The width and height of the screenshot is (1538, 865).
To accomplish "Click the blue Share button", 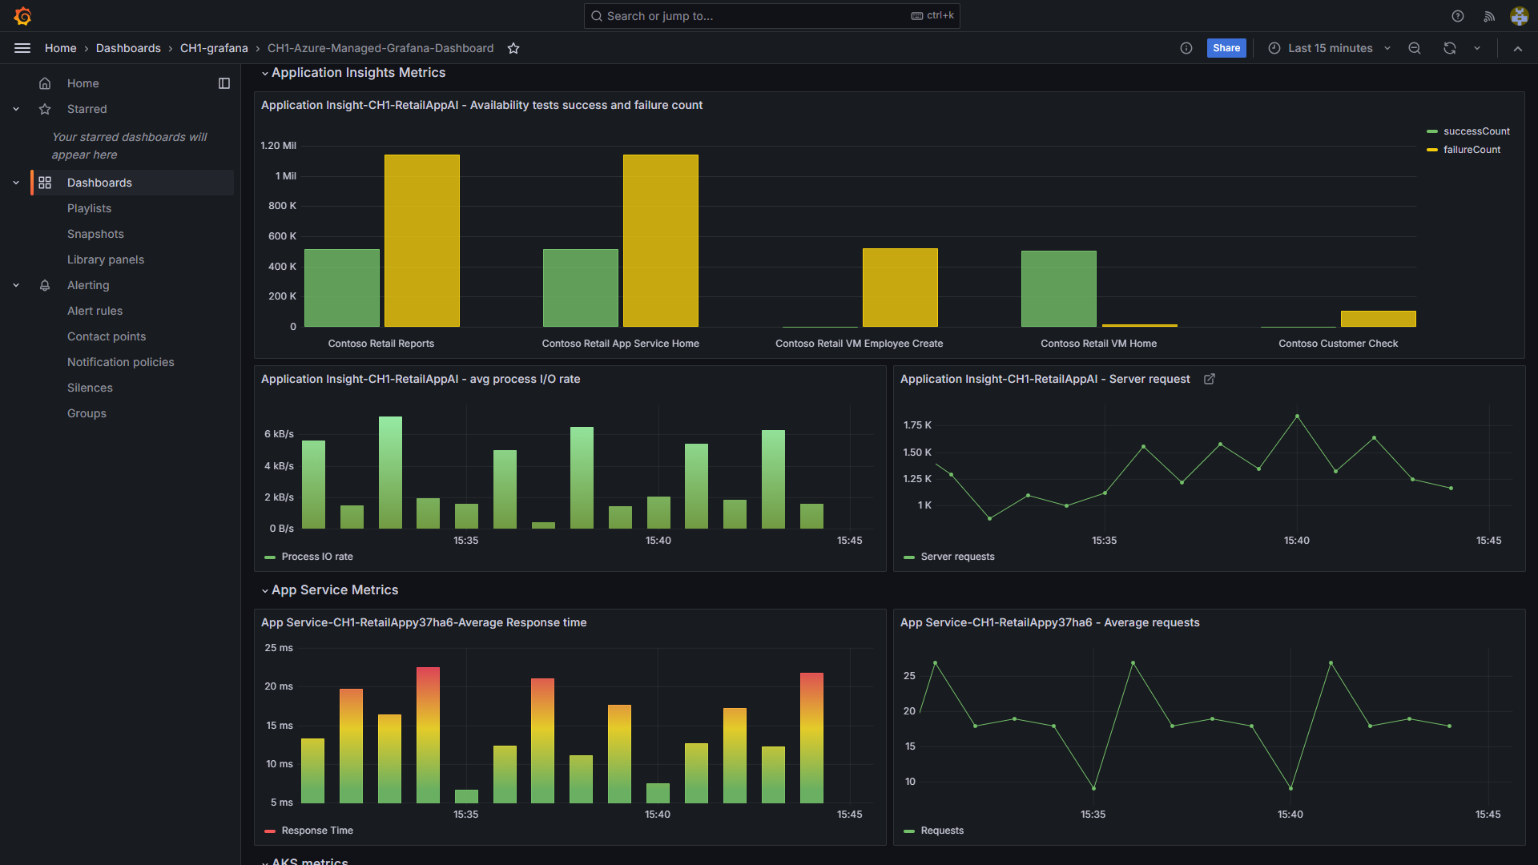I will [1226, 48].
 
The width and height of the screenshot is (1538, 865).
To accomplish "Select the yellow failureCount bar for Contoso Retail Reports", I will [421, 240].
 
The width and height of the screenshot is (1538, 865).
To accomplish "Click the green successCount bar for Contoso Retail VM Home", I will [1058, 288].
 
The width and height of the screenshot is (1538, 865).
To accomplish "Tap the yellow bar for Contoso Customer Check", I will [1378, 319].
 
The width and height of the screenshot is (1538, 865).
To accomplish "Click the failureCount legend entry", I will [1471, 150].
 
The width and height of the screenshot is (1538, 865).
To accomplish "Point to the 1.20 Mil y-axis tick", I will [278, 146].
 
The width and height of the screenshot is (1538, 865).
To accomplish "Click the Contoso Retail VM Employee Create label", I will [859, 344].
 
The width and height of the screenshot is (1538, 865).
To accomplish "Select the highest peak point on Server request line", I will [1297, 416].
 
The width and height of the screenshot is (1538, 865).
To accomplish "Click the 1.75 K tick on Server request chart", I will [917, 425].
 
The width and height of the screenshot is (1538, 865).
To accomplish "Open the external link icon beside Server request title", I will [1210, 379].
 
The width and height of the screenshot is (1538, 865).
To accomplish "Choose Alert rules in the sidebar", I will [95, 311].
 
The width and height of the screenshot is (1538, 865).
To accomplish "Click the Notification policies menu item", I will [120, 362].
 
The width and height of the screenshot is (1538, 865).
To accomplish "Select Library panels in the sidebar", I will [105, 259].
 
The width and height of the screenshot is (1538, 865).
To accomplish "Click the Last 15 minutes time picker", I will [1330, 48].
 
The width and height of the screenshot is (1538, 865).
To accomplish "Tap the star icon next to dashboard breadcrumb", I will [513, 48].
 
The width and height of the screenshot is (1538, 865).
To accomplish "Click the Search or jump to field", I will [753, 16].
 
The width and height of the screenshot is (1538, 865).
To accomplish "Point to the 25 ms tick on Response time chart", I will [279, 648].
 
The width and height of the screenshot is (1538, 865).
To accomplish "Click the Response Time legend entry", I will [316, 831].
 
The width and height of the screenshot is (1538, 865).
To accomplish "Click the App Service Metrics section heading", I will [334, 590].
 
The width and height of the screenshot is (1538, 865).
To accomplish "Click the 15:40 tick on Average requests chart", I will [1290, 815].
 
